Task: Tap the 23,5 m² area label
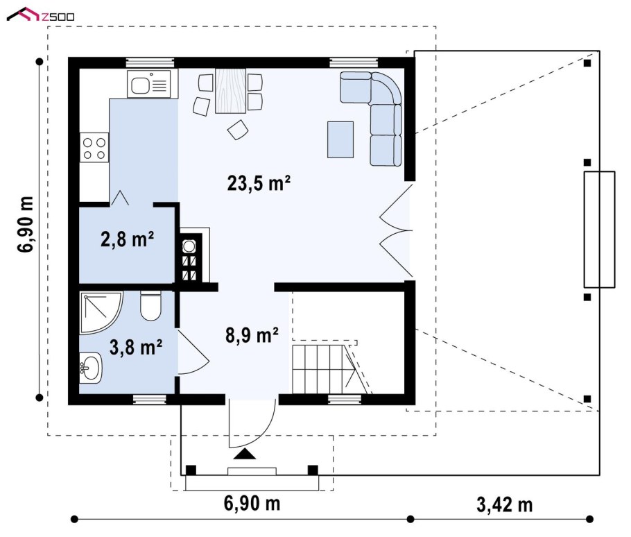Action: (x=259, y=183)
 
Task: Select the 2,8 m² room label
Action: (x=127, y=239)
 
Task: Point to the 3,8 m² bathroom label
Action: (x=136, y=348)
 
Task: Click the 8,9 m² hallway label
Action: (x=252, y=335)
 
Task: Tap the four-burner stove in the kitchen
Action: (x=94, y=148)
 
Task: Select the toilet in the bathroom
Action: (x=150, y=306)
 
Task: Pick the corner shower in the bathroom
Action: (x=101, y=313)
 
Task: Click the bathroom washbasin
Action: (x=91, y=367)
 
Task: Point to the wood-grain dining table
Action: (x=230, y=91)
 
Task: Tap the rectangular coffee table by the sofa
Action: (x=340, y=139)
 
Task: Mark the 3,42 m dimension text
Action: (x=505, y=504)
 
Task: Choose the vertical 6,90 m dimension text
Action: (x=25, y=224)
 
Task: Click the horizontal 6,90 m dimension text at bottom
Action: (x=252, y=504)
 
